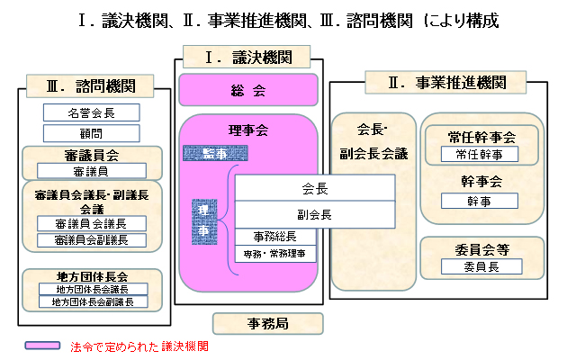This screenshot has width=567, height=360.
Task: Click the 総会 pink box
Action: tap(248, 91)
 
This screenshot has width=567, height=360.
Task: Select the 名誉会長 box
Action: tap(91, 113)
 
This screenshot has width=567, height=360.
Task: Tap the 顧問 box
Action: tap(91, 132)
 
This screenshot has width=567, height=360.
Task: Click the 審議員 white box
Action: tap(91, 171)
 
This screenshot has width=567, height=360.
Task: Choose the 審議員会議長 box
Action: tap(91, 224)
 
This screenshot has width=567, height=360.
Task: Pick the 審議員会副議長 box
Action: tap(91, 240)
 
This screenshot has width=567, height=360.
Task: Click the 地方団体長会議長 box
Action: tap(91, 289)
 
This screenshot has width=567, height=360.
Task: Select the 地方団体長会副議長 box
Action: tap(91, 302)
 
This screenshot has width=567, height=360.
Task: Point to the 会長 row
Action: tap(315, 189)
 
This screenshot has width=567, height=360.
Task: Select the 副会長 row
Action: tap(315, 214)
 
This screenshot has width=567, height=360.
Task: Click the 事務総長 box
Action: tap(274, 237)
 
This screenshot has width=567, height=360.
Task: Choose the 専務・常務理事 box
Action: tap(274, 254)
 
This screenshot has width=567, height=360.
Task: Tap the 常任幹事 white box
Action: tap(481, 155)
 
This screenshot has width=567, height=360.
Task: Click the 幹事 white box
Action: tap(481, 202)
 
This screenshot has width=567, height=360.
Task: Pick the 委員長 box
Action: tap(481, 265)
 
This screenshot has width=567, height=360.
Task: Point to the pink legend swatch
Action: tap(42, 345)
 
